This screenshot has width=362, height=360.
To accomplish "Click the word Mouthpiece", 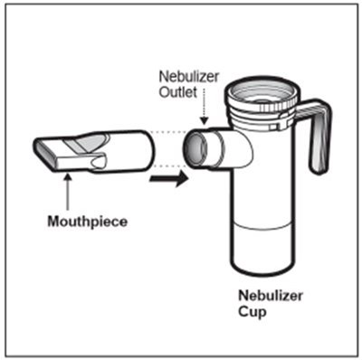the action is click(88, 222).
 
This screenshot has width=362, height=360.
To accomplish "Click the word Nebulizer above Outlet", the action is click(188, 77).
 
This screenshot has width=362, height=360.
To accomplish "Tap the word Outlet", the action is click(178, 92).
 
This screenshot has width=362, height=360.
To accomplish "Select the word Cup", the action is click(252, 312).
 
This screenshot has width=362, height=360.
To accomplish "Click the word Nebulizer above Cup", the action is click(271, 296).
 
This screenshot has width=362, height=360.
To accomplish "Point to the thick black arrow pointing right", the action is click(169, 179).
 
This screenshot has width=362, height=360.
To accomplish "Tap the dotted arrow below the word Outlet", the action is click(205, 107).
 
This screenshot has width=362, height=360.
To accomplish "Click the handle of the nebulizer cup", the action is click(317, 133).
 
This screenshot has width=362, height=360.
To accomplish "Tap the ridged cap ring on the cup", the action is click(262, 105).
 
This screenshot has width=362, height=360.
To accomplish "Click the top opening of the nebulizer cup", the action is click(262, 91).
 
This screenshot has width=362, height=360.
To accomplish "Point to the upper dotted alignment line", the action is click(168, 132).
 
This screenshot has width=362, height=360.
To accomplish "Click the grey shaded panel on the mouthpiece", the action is click(87, 143).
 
